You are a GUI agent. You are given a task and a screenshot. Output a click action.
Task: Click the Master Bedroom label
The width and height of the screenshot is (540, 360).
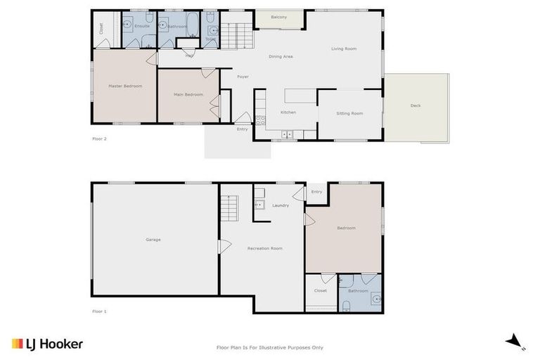[x=125, y=86]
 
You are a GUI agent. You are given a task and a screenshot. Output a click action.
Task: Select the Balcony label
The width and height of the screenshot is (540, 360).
[x=279, y=17]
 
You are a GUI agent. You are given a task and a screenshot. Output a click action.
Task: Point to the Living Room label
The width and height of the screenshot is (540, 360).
[x=344, y=49]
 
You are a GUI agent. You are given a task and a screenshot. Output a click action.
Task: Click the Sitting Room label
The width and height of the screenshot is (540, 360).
[x=349, y=113]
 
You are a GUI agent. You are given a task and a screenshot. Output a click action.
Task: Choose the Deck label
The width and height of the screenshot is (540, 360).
[x=416, y=105]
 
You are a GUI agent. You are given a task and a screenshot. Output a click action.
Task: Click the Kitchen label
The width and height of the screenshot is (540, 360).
[x=288, y=112]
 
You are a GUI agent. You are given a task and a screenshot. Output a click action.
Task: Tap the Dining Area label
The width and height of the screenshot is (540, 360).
[x=281, y=56]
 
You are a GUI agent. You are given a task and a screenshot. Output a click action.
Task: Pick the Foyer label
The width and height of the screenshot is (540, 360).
[x=243, y=77]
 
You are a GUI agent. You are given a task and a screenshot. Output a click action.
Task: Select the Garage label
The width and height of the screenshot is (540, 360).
[x=153, y=240]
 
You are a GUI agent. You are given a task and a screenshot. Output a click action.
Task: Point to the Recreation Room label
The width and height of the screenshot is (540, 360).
[x=265, y=248]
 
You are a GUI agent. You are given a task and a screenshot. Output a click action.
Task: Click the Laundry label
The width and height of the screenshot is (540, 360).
[x=281, y=205]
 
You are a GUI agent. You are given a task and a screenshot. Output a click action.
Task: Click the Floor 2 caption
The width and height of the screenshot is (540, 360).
[x=99, y=139]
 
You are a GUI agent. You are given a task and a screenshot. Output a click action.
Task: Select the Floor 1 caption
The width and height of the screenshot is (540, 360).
[x=99, y=310]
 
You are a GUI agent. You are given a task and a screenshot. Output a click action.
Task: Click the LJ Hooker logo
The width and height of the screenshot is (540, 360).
[x=47, y=344]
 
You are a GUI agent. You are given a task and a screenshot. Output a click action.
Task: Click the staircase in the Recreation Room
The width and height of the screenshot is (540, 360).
[x=230, y=208]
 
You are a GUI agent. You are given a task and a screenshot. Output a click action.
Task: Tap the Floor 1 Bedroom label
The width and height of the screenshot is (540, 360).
[x=346, y=228]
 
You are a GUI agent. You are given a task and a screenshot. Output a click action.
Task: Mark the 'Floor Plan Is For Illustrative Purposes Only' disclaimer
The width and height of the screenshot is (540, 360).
[x=270, y=347]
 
